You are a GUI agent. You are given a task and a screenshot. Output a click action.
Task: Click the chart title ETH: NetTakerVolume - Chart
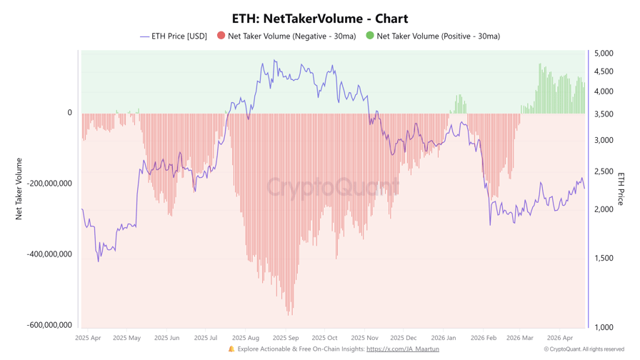point(320,19)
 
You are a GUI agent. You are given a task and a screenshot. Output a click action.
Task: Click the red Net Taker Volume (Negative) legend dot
point(221,36)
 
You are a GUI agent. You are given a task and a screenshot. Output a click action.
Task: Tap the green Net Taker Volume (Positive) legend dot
point(370,36)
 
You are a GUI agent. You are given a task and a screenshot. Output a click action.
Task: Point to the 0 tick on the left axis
point(70,112)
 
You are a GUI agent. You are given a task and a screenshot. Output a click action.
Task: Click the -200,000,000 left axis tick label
point(50,184)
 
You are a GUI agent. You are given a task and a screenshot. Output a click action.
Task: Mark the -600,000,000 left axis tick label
point(50,325)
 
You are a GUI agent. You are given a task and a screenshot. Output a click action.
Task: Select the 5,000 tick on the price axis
point(604,54)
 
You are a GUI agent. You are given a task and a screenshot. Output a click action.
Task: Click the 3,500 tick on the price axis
point(604,114)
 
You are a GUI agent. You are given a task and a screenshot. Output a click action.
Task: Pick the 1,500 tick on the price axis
point(604,258)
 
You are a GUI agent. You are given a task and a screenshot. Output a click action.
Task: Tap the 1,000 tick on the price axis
point(604,327)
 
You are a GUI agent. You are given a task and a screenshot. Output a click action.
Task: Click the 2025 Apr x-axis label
point(88,338)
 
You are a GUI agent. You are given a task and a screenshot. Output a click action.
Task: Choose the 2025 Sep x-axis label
point(285,338)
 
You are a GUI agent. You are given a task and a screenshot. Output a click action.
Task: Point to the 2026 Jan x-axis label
point(444,338)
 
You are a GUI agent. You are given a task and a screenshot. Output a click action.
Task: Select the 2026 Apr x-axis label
point(559,338)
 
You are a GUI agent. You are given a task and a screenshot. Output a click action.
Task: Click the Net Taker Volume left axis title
point(19,189)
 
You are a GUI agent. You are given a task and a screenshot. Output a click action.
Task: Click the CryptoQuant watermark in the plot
point(333,187)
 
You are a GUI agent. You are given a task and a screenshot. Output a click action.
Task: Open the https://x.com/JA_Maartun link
point(402,349)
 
